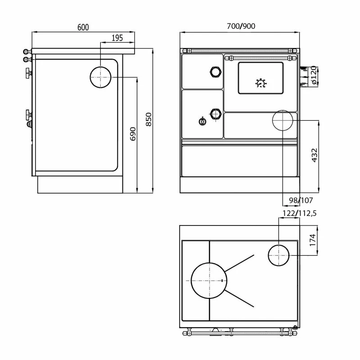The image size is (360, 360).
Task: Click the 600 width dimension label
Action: coord(83,27)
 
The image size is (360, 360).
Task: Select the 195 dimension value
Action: coord(117,38)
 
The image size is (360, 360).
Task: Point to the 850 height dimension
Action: coord(149,119)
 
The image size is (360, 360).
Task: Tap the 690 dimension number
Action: coord(133,134)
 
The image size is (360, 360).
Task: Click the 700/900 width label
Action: coord(241,26)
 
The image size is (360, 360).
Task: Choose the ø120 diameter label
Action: coord(314,75)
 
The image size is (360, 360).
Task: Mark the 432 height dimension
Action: coord(315,155)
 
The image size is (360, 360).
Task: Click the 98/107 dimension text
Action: coord(301,200)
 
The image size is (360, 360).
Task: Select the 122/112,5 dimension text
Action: coord(299,213)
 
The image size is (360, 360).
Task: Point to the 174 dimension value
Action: coord(313,240)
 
